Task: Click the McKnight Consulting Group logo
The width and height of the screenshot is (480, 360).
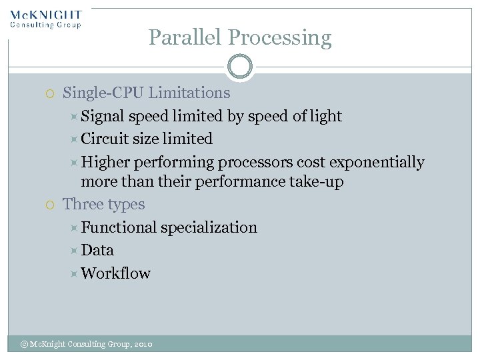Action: (x=45, y=19)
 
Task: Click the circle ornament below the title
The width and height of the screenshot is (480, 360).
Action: (x=239, y=67)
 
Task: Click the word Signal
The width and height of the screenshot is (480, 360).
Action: (x=103, y=117)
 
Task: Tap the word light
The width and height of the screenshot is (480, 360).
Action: (x=327, y=117)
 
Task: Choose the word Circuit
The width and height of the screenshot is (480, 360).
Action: (x=105, y=139)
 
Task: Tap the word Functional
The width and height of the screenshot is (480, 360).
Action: (x=119, y=227)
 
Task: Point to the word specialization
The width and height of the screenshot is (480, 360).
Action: (x=209, y=228)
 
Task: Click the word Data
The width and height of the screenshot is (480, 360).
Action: (x=97, y=250)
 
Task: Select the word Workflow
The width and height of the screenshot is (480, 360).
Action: (x=115, y=273)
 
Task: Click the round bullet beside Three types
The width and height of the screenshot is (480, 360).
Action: (x=51, y=205)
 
